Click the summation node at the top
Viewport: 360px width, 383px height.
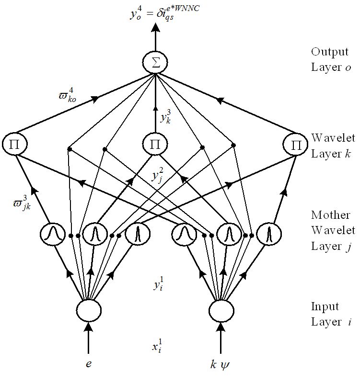pyautogui.click(x=155, y=64)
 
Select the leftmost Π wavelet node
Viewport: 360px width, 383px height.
pyautogui.click(x=14, y=144)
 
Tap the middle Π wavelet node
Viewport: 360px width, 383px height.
pyautogui.click(x=155, y=144)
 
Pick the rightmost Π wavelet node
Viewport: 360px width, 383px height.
pyautogui.click(x=295, y=144)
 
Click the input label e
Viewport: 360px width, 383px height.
pyautogui.click(x=88, y=364)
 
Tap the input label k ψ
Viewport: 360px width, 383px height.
pyautogui.click(x=221, y=364)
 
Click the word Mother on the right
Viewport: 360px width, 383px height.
pyautogui.click(x=330, y=214)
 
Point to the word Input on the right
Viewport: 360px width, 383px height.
pyautogui.click(x=325, y=306)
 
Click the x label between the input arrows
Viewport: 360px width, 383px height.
pyautogui.click(x=157, y=347)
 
